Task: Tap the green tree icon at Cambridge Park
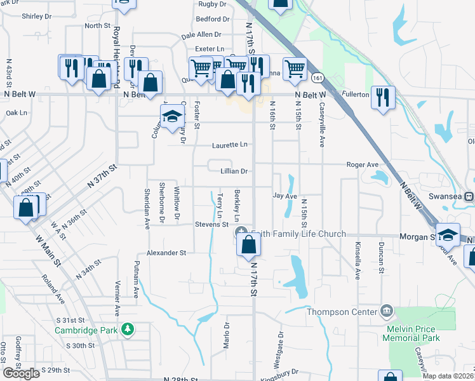[128, 328]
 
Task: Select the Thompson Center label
[342, 312]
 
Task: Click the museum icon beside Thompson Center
[385, 311]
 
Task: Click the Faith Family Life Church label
[300, 234]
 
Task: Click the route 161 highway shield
[318, 77]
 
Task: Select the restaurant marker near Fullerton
[383, 97]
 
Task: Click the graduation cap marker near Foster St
[171, 116]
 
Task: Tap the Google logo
[21, 373]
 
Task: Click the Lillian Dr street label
[234, 171]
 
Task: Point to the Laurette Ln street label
[231, 145]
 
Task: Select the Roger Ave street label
[362, 164]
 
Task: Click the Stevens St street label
[211, 224]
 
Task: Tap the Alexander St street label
[166, 252]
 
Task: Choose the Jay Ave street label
[285, 196]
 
